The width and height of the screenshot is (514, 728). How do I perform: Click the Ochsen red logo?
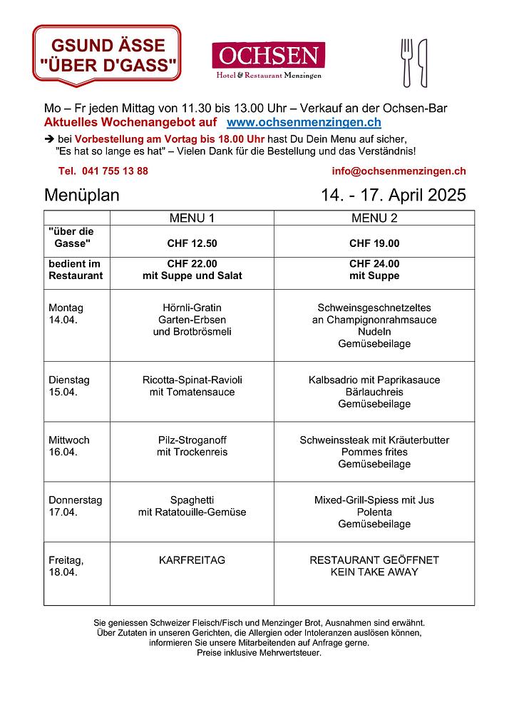point(268,61)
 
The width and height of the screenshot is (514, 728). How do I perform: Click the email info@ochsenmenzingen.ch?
point(399,171)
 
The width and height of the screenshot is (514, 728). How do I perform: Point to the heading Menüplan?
point(82,196)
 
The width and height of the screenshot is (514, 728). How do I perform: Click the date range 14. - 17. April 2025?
point(394,196)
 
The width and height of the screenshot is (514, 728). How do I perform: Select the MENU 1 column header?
point(192,218)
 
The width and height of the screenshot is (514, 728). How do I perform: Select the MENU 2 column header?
point(374,218)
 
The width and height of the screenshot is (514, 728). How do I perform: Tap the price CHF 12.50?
point(192,243)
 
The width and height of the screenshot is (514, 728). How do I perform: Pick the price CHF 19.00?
point(374,243)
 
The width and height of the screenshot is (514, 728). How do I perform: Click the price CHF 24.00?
point(374,263)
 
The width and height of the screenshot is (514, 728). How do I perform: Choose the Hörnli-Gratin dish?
point(192,308)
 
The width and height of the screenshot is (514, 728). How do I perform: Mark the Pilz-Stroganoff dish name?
point(192,440)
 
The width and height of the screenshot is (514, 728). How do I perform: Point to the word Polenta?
point(374,512)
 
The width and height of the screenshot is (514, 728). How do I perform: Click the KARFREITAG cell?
point(192,560)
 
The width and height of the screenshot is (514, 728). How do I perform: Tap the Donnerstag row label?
point(75,500)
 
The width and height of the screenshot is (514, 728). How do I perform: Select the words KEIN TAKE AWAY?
point(374,572)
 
